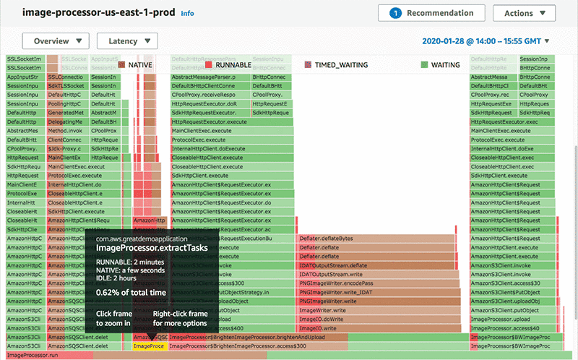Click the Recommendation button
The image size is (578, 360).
pos(431,13)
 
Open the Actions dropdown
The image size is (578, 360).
pos(525,13)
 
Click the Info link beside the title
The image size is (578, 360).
pos(187,14)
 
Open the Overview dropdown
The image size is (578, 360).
pos(56,41)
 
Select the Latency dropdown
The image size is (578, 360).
pos(127,41)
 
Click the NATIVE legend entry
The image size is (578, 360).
pos(141,65)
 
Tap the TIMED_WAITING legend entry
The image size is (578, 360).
pos(336,65)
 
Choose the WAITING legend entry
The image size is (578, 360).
pos(440,65)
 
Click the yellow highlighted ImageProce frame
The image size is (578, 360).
pos(150,346)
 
